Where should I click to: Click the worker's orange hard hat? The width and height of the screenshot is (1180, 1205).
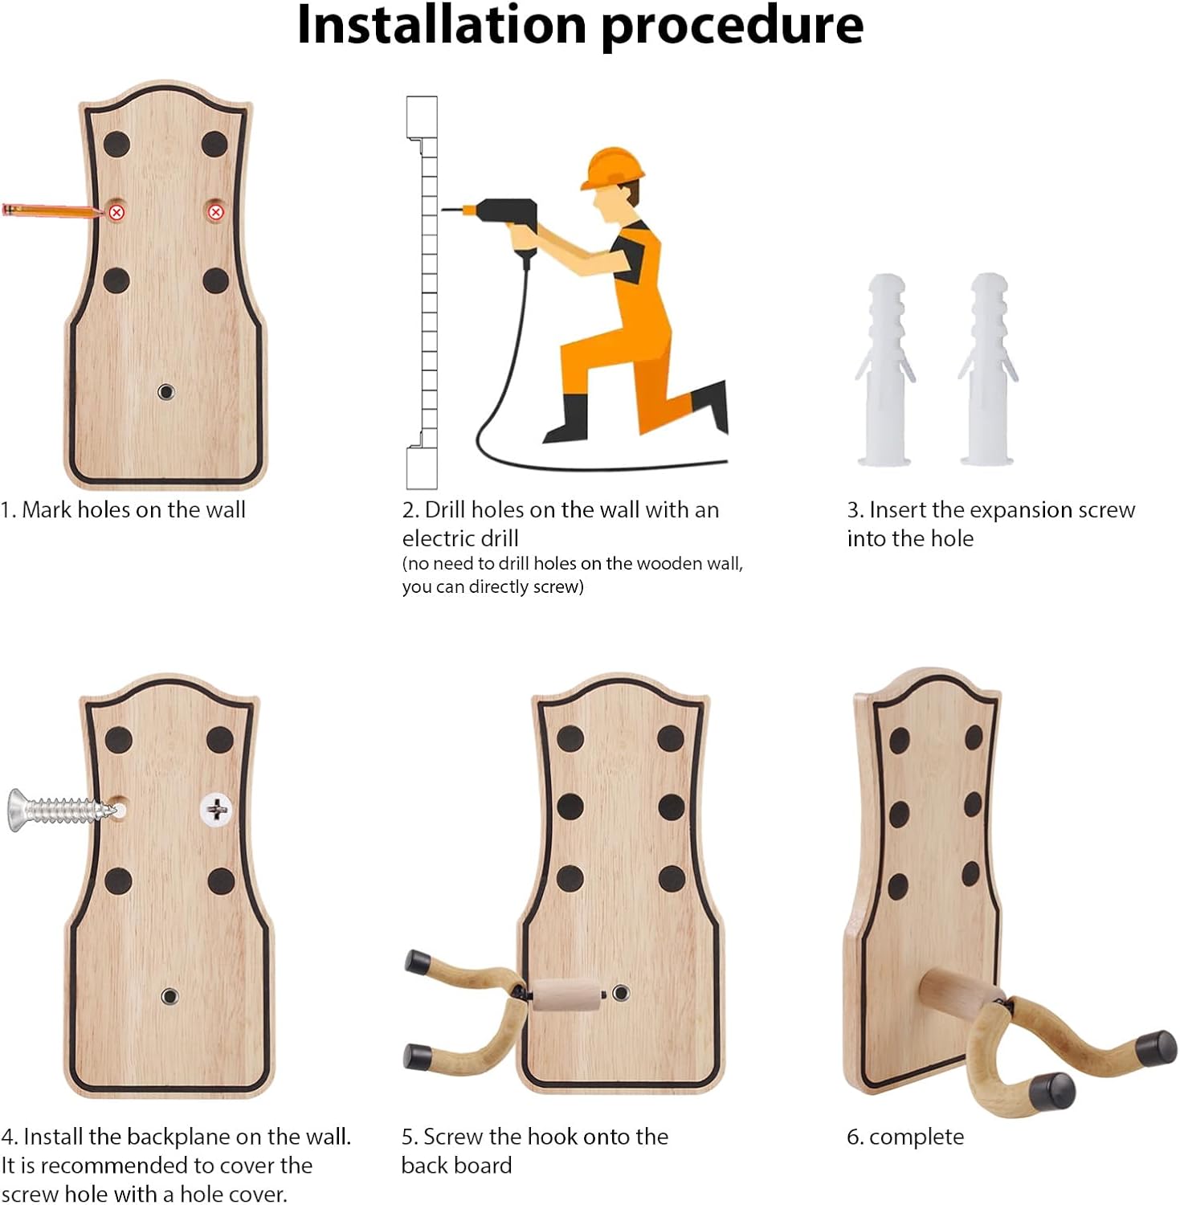612,168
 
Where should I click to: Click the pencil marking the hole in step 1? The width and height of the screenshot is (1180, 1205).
53,211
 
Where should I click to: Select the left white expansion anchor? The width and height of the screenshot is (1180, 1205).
884,370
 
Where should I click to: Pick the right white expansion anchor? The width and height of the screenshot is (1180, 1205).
987,370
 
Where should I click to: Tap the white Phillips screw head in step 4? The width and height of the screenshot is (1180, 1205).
216,809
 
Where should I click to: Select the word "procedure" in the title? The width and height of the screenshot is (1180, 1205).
732,27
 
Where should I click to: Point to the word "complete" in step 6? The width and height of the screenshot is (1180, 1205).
917,1137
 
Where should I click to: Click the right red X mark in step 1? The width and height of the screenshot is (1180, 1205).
215,212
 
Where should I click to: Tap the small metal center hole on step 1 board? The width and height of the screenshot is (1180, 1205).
165,392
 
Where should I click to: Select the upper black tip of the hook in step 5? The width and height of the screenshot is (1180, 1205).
418,962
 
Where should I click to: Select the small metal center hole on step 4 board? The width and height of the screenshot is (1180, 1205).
169,996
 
